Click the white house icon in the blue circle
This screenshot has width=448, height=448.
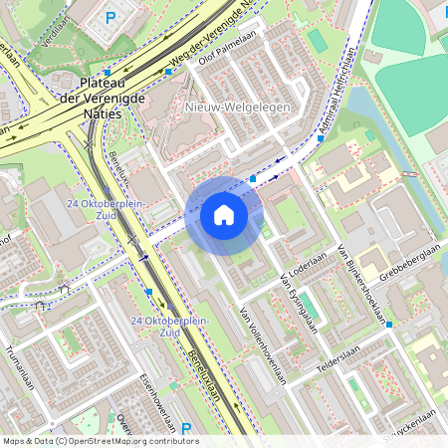224,215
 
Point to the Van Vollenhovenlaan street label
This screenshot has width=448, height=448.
262,346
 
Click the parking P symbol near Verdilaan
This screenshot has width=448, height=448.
111,17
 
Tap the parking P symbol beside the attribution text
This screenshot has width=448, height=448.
185,429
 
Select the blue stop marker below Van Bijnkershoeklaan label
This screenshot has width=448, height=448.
390,325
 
